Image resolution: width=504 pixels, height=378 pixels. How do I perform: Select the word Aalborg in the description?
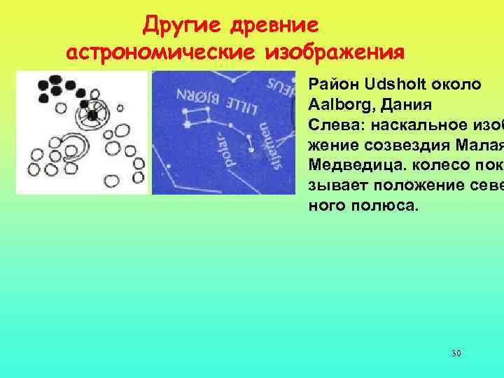(337, 106)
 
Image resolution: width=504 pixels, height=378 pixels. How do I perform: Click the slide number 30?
(456, 353)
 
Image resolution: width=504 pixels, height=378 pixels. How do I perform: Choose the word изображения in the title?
(335, 52)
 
